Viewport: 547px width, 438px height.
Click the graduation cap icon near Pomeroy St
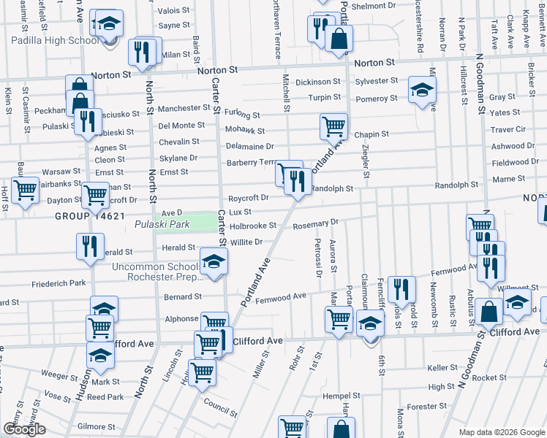(x=420, y=90)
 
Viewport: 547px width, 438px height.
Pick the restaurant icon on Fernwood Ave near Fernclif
(x=401, y=289)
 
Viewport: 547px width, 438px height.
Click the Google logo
(x=24, y=429)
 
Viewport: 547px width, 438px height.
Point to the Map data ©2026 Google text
(x=502, y=432)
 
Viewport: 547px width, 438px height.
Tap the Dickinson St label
(x=318, y=82)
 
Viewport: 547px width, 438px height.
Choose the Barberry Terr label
(x=250, y=162)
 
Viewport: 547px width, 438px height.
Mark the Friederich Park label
(x=59, y=283)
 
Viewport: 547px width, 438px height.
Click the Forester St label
(x=422, y=407)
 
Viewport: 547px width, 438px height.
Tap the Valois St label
(x=173, y=11)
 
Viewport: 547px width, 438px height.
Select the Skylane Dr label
(x=178, y=158)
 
